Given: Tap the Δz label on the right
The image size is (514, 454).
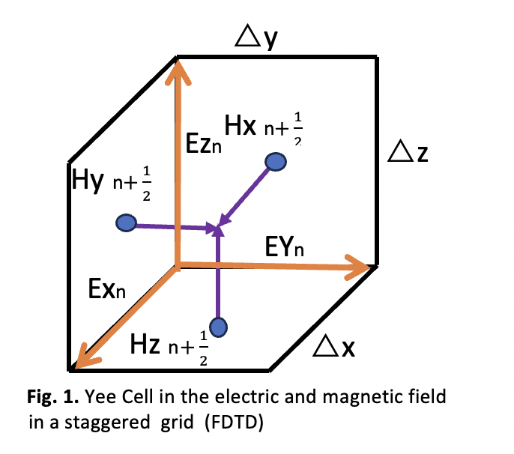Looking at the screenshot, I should (x=413, y=155).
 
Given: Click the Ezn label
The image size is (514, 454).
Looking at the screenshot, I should (x=203, y=142).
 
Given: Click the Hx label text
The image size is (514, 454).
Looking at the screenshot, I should (x=240, y=126).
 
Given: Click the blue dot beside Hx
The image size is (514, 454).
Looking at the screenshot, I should (x=276, y=161).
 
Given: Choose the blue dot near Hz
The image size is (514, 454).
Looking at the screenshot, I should (x=218, y=327).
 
